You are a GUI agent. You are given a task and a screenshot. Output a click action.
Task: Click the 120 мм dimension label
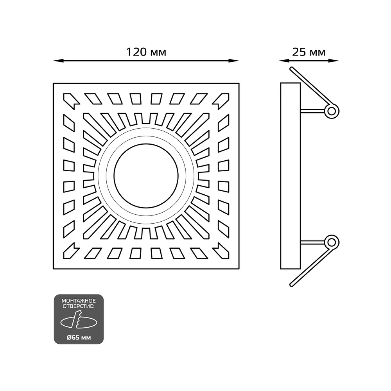[146, 52]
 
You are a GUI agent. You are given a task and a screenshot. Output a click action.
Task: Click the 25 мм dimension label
[309, 52]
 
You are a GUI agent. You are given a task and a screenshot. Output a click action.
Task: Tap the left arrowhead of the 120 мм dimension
[58, 61]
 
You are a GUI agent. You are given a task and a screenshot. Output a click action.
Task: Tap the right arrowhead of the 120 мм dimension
[234, 61]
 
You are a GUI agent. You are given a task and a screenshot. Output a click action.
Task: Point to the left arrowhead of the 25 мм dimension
[284, 61]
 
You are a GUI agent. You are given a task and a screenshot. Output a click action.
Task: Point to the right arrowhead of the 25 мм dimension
[334, 61]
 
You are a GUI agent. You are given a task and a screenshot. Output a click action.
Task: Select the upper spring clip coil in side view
[332, 111]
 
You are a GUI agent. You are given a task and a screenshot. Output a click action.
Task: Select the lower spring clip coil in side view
[332, 242]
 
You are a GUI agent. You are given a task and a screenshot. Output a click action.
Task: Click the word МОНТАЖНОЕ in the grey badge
[79, 301]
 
